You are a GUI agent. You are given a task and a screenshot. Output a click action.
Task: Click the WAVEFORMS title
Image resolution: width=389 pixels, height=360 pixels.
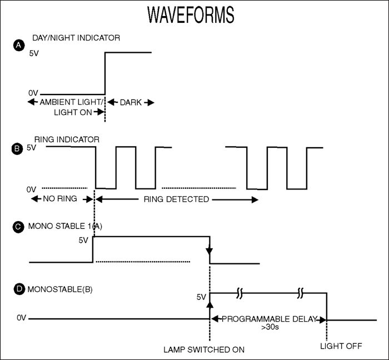[191, 16]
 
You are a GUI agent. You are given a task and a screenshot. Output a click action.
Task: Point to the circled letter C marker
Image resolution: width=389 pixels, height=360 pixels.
[18, 227]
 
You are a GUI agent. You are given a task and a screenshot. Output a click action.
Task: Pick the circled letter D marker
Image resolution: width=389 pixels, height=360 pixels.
[18, 289]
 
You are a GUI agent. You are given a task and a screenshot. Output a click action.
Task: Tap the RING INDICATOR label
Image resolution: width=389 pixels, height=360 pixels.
[67, 139]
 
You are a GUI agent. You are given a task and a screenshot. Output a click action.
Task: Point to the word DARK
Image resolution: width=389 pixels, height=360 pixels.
[131, 102]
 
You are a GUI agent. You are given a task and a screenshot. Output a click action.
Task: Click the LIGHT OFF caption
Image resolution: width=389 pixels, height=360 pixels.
[341, 346]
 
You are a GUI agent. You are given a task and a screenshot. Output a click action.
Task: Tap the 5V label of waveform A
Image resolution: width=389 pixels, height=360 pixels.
[33, 55]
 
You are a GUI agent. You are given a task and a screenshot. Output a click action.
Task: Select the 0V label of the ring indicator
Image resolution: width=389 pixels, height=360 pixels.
[32, 189]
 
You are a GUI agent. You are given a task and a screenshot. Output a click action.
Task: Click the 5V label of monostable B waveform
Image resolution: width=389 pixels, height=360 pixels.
[201, 297]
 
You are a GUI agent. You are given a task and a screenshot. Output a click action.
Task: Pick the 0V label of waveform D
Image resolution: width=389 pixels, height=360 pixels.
[21, 318]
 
